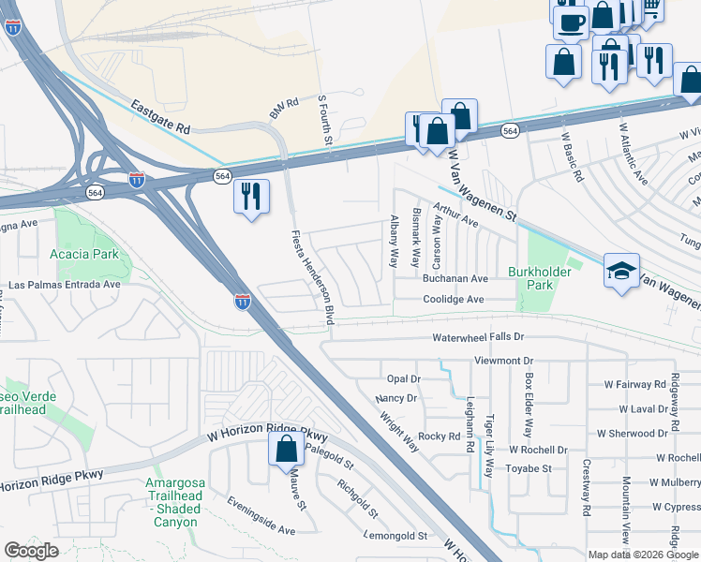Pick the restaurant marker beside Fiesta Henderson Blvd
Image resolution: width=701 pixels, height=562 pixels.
point(250,197)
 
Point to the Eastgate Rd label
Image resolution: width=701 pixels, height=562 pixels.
point(160,116)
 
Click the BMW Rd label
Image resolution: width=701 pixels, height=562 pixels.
point(283,109)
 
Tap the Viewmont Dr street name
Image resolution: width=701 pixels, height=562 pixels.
point(503,360)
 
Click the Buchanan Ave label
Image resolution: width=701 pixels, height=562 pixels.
point(455,279)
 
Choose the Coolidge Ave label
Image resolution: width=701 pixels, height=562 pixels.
point(452,299)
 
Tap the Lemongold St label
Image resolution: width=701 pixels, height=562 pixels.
point(395,537)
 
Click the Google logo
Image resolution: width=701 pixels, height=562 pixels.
point(31,550)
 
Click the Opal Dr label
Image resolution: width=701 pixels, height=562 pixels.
point(404,378)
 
